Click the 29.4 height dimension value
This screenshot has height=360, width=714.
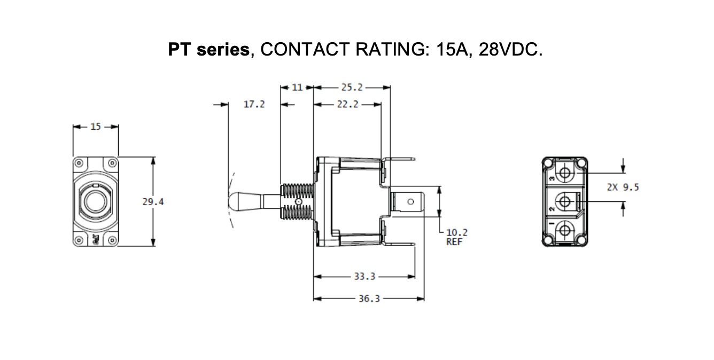153,202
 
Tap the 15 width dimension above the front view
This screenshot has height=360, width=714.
95,127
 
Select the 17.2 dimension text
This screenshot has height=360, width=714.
254,104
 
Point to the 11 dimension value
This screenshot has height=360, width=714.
298,87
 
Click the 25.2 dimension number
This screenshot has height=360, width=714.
352,87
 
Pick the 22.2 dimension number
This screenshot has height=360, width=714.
347,104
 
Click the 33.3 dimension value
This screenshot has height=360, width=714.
364,277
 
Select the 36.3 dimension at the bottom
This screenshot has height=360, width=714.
369,299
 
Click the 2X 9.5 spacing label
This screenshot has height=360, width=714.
623,187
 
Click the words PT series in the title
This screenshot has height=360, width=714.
208,50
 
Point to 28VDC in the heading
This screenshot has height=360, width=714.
510,50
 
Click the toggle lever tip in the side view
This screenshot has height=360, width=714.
234,201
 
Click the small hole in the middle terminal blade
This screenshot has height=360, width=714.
410,202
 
